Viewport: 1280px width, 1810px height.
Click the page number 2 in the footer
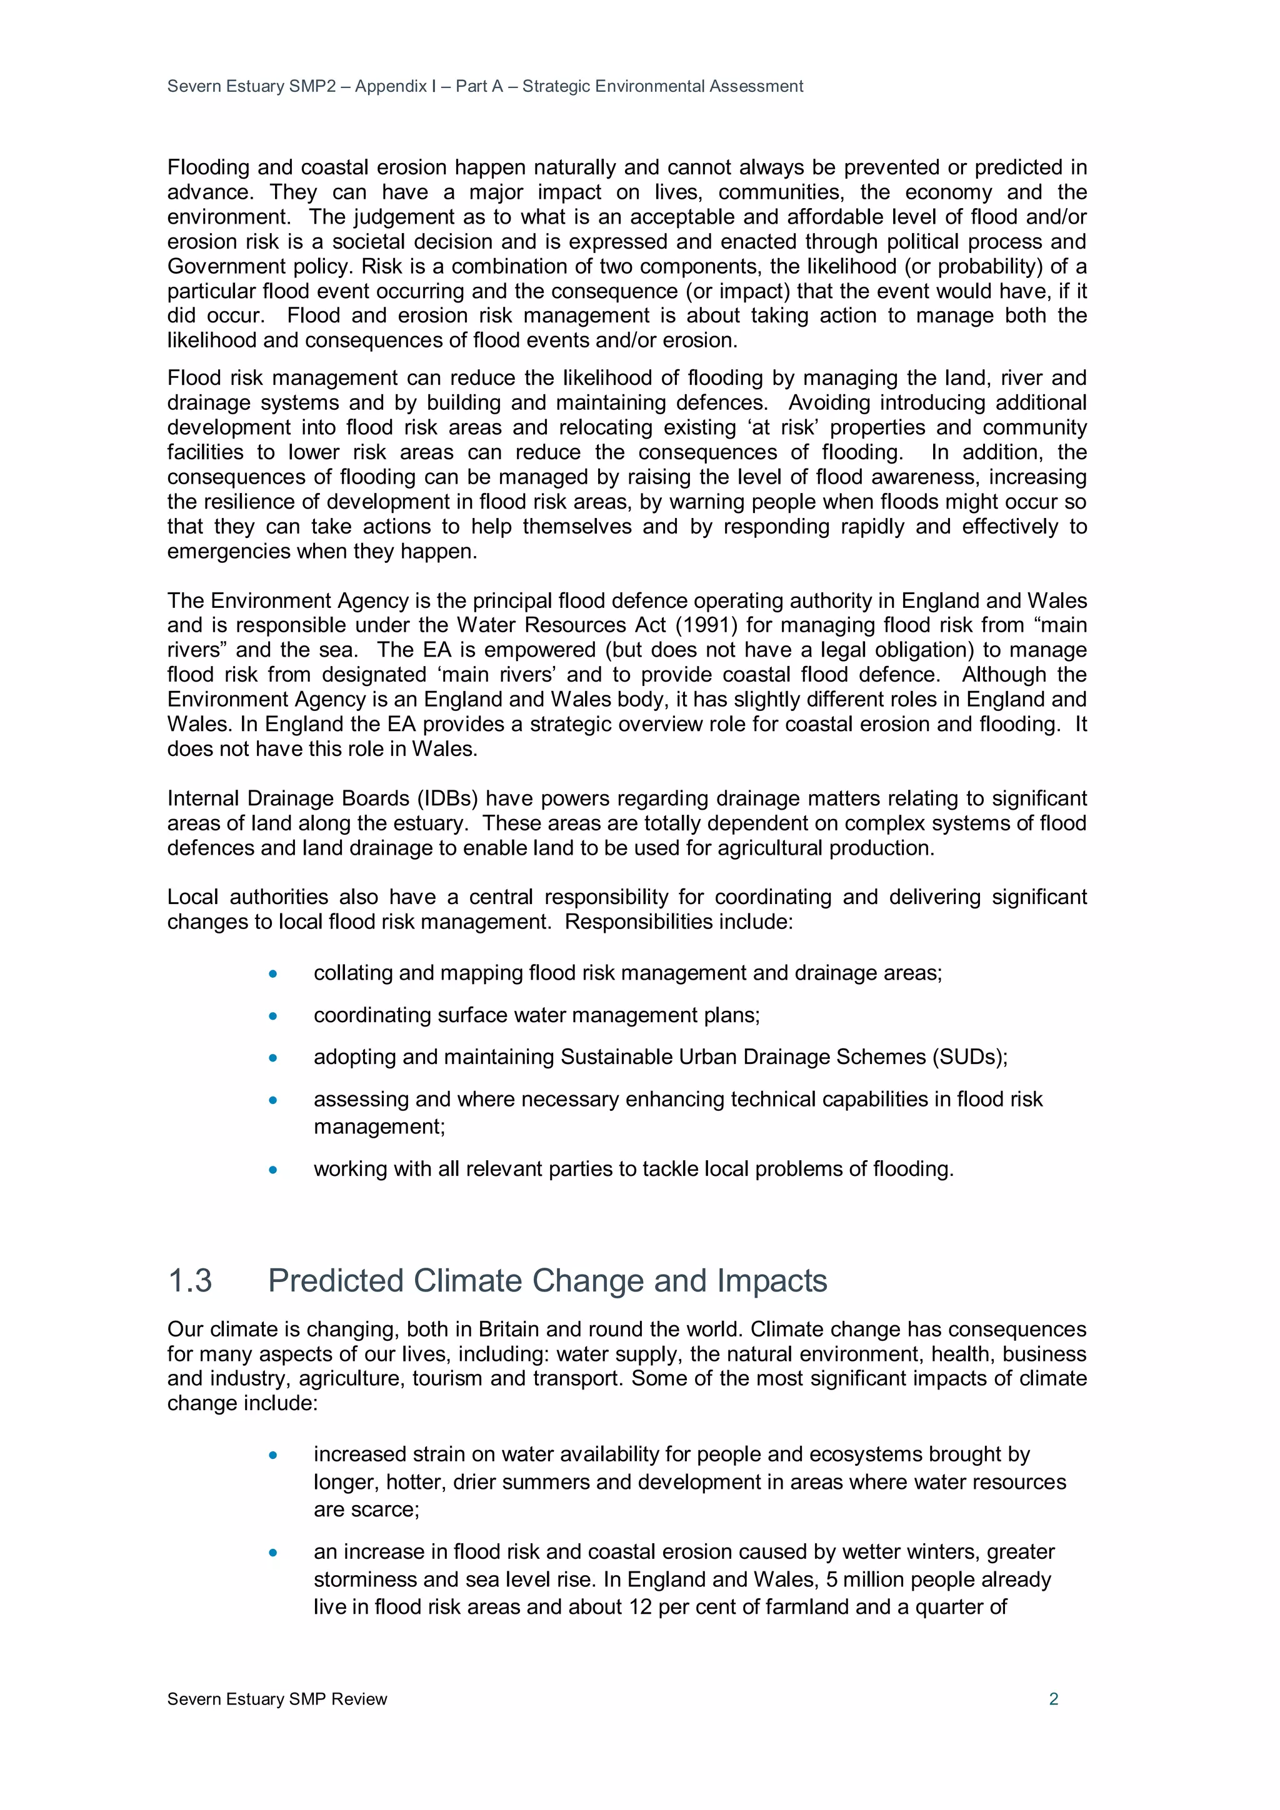tap(1053, 1699)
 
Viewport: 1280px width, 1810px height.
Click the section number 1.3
tap(190, 1280)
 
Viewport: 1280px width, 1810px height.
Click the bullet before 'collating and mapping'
tap(273, 973)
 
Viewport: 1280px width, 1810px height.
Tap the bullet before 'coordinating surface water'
tap(273, 1015)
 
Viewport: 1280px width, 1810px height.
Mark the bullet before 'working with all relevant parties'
tap(273, 1170)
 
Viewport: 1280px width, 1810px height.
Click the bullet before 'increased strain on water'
tap(273, 1455)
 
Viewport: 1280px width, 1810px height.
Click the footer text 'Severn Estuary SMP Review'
tap(277, 1699)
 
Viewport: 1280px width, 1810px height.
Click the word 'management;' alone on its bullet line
tap(379, 1126)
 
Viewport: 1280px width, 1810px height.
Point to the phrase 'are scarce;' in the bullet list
tap(366, 1509)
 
